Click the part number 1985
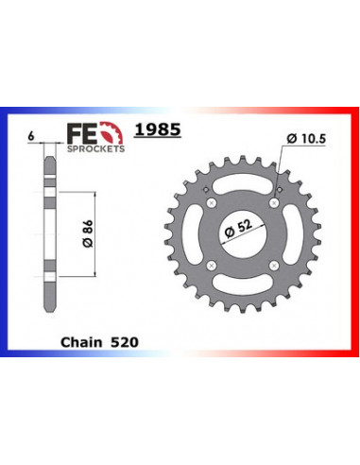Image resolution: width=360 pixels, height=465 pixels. click(158, 129)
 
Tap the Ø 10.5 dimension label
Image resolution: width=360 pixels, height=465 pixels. click(306, 139)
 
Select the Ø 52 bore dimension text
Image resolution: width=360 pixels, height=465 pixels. click(239, 229)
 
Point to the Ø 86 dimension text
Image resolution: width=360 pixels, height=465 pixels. click(88, 233)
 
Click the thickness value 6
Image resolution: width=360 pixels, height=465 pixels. click(31, 137)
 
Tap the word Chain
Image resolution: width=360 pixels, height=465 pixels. click(81, 342)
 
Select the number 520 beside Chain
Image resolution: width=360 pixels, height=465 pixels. click(125, 342)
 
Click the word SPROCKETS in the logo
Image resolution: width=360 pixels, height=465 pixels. click(95, 148)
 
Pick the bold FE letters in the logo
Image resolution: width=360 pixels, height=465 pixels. click(83, 134)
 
